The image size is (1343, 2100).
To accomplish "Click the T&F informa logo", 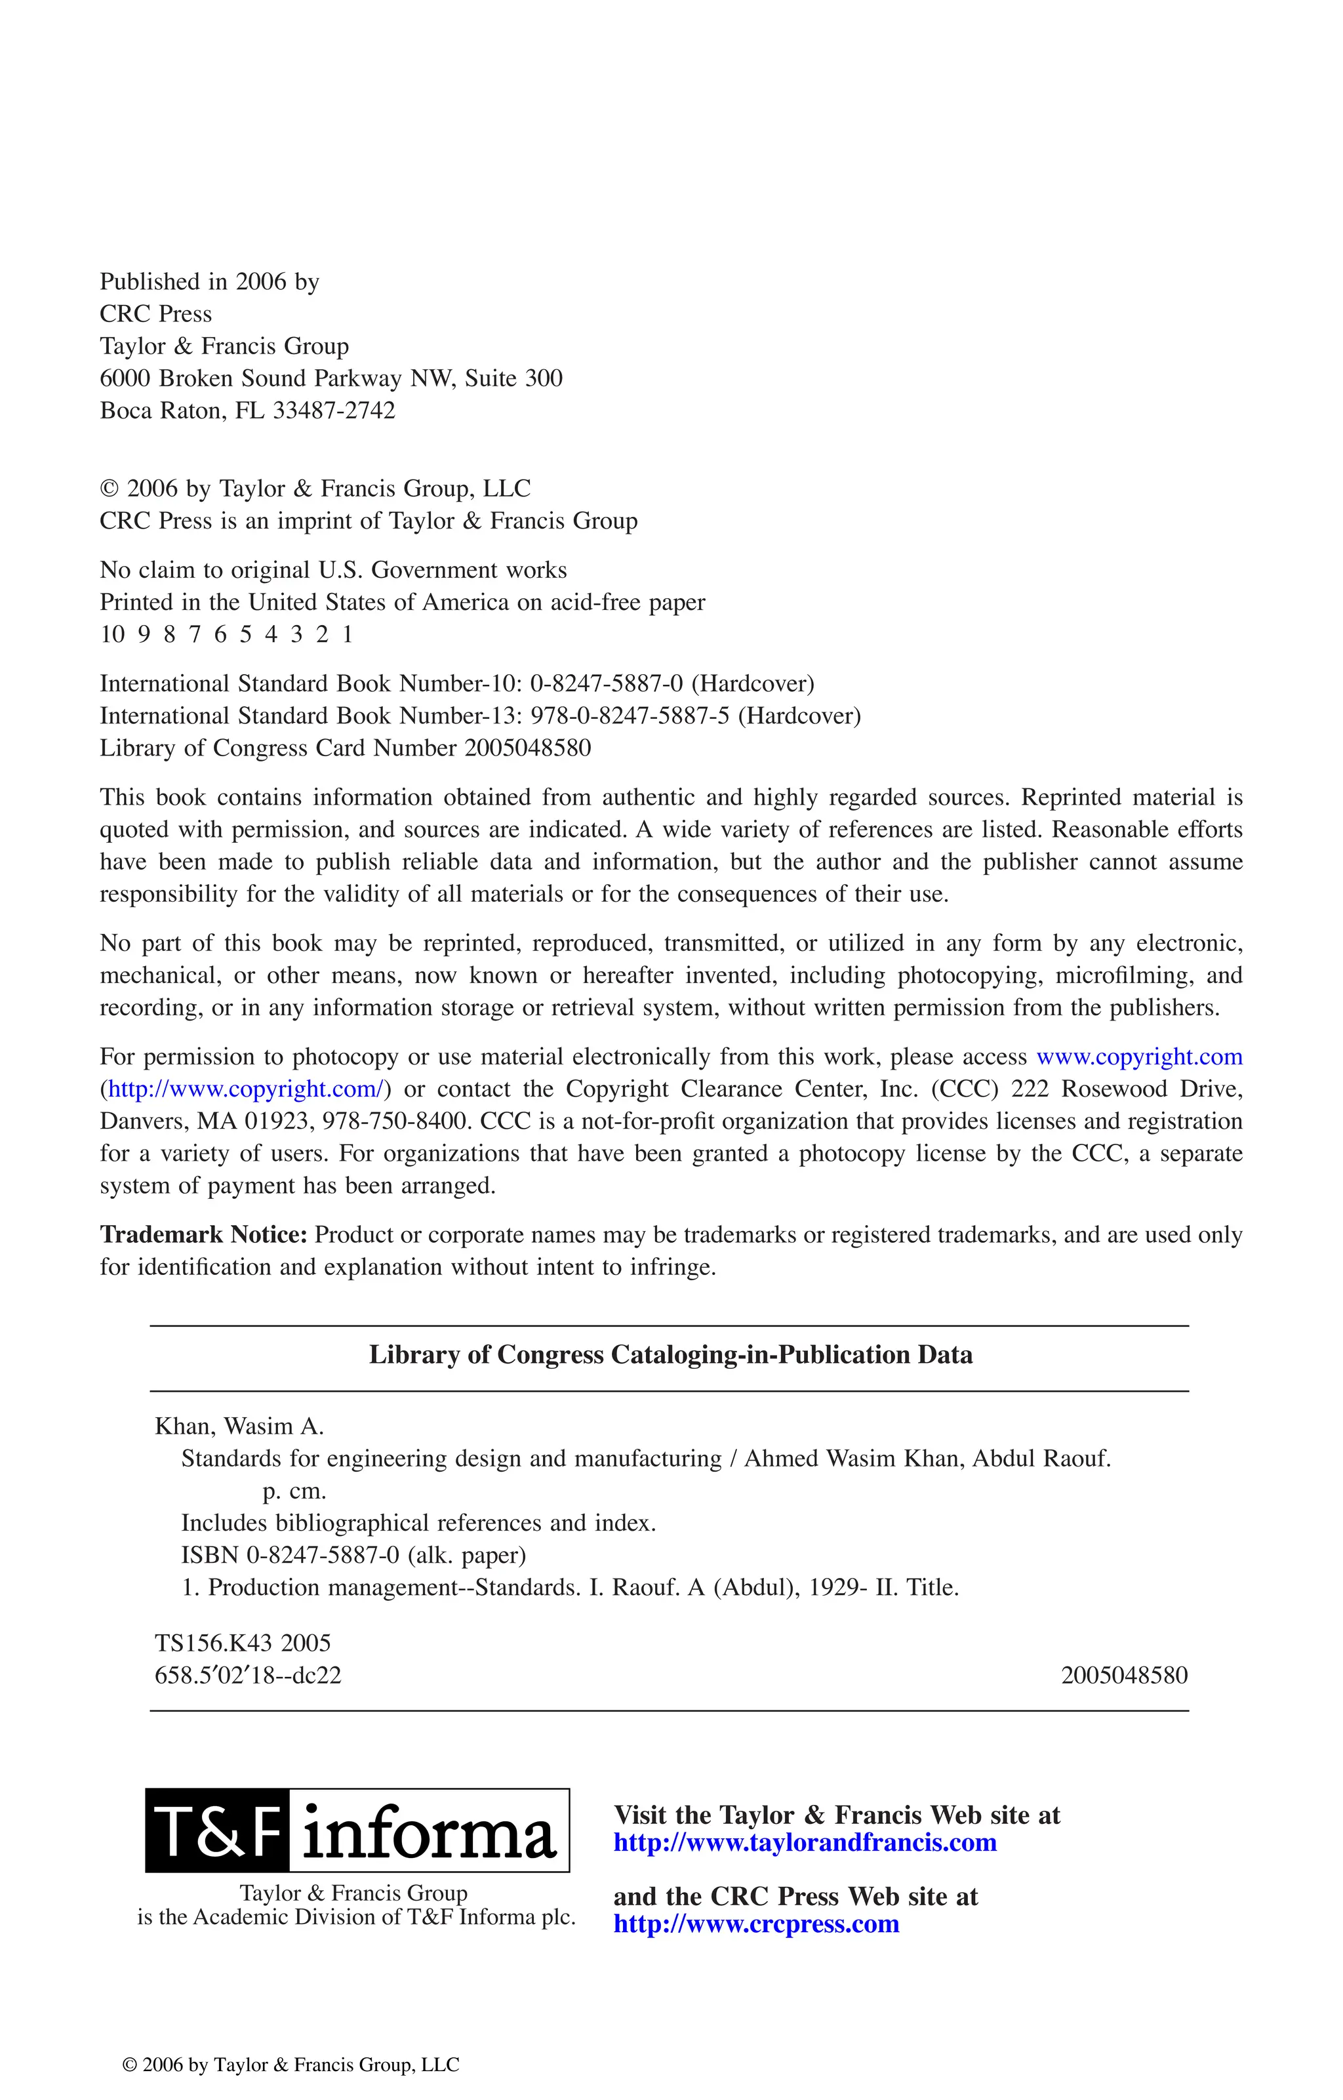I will pyautogui.click(x=357, y=1828).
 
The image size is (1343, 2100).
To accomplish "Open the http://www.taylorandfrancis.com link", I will pyautogui.click(x=804, y=1843).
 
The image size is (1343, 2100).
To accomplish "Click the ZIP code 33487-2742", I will pyautogui.click(x=334, y=411).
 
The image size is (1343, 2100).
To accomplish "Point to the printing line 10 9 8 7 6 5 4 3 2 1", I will pyautogui.click(x=226, y=635).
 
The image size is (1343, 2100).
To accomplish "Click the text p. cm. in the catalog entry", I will pyautogui.click(x=294, y=1491).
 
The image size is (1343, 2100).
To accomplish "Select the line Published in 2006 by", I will pyautogui.click(x=209, y=282).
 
